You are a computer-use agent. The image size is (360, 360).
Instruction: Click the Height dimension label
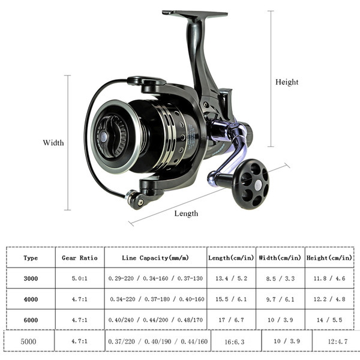click(x=287, y=82)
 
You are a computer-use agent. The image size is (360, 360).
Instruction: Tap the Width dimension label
click(x=53, y=143)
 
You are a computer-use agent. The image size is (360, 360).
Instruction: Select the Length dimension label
click(x=186, y=214)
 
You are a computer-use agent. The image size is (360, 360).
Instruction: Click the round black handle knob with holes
click(x=251, y=184)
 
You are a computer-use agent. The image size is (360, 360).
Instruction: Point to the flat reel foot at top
click(x=194, y=14)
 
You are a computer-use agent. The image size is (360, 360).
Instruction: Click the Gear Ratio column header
click(x=80, y=258)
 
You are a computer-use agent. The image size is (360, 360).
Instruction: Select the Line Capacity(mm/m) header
click(x=155, y=258)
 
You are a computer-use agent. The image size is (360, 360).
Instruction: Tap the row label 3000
click(x=31, y=278)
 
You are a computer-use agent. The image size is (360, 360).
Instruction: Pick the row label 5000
click(x=28, y=341)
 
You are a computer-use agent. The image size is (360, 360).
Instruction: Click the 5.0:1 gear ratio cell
click(x=79, y=278)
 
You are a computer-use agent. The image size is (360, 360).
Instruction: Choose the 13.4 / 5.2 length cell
click(x=231, y=278)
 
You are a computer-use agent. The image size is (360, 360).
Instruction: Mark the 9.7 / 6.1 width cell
click(x=280, y=299)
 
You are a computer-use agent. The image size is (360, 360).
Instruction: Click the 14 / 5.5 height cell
click(x=329, y=320)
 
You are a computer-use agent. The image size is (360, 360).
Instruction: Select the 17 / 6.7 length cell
click(x=231, y=320)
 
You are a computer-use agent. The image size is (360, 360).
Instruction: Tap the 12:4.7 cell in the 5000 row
click(x=337, y=341)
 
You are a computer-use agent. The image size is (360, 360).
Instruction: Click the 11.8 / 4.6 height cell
click(x=329, y=278)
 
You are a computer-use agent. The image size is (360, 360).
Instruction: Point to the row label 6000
click(x=31, y=320)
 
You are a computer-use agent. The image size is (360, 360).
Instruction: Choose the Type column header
click(x=31, y=258)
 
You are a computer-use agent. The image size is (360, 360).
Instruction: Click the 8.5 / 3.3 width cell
click(x=280, y=278)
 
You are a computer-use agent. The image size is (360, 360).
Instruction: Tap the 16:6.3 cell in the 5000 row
click(x=235, y=342)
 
